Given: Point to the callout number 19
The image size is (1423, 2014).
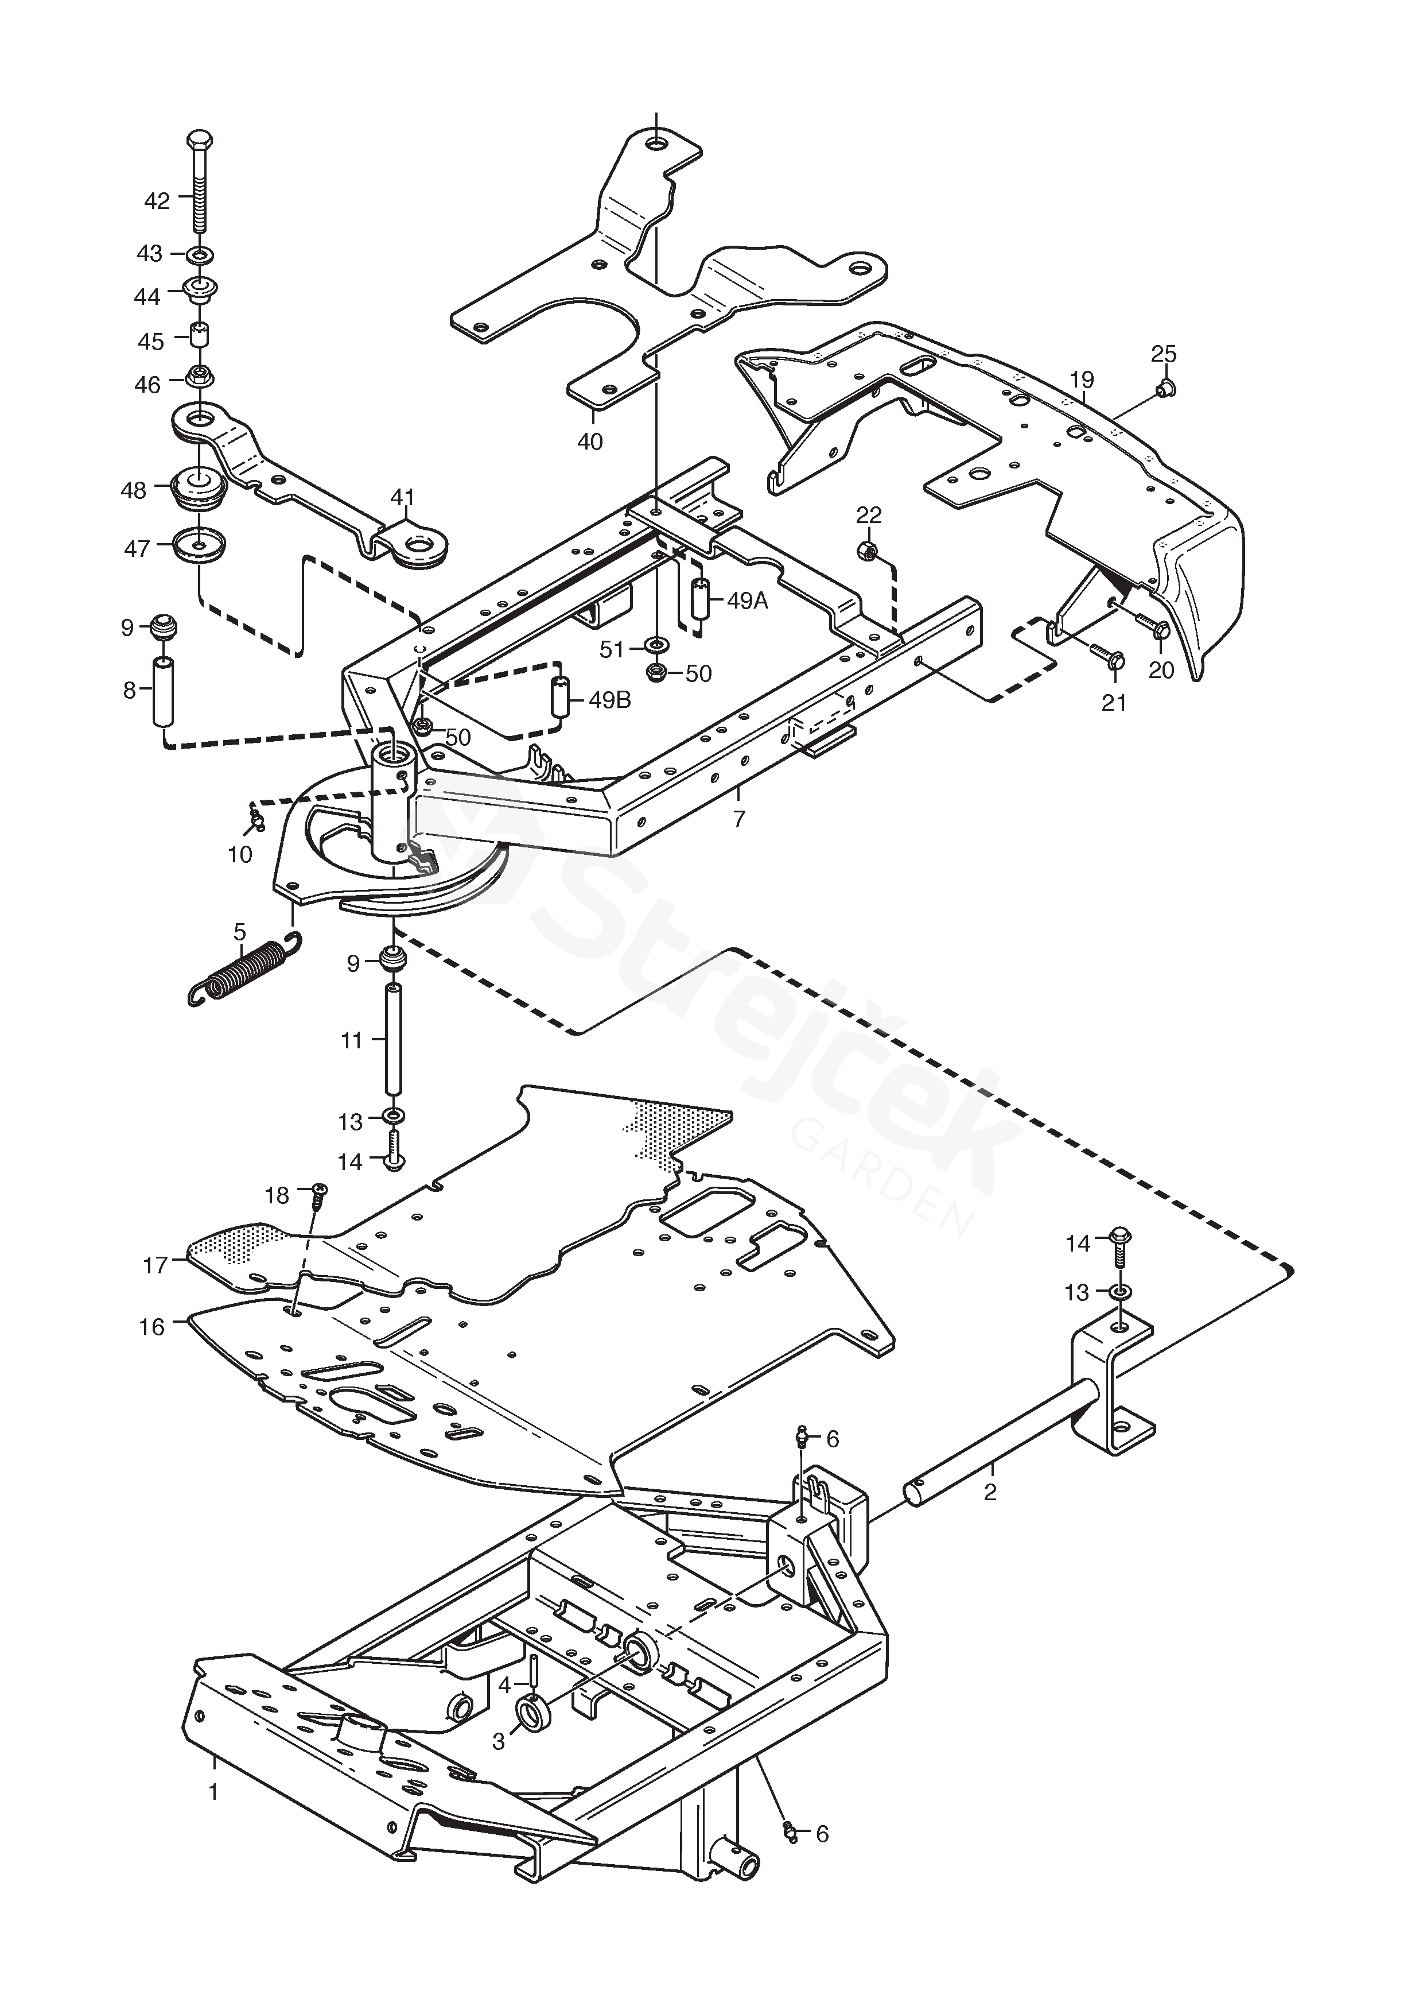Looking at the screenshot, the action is [x=1082, y=380].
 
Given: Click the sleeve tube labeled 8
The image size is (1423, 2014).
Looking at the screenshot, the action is [x=163, y=690].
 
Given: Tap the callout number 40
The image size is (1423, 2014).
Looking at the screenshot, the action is [x=590, y=441].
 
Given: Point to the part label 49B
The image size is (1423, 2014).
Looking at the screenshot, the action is [x=611, y=701].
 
